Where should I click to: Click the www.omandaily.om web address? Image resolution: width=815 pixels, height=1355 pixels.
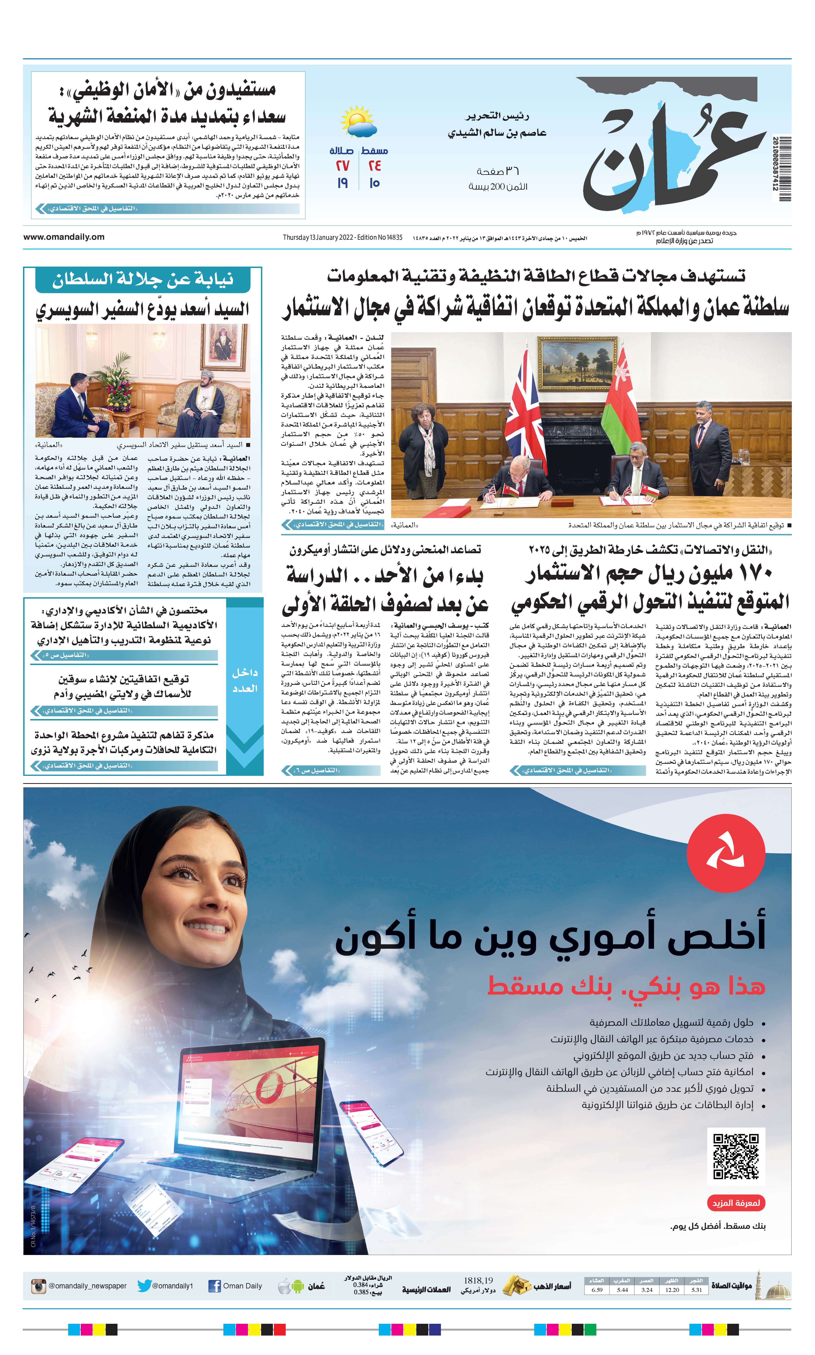click(x=64, y=237)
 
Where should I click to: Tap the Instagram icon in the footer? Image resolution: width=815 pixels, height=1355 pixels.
click(x=39, y=1285)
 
